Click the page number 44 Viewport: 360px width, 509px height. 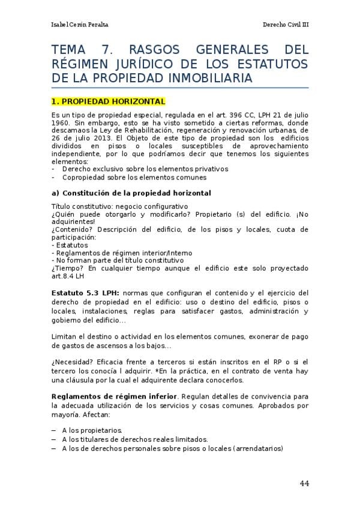[x=304, y=483]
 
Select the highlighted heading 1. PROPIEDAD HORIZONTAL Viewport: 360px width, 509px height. [x=108, y=101]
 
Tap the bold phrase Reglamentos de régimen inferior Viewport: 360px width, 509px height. [x=115, y=397]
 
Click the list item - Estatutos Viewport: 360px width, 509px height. [x=70, y=245]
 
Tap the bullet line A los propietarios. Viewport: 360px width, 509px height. [x=92, y=430]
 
